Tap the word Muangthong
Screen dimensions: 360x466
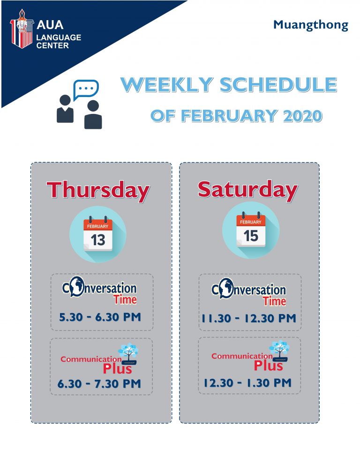[311, 25]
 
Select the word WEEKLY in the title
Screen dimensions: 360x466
[167, 84]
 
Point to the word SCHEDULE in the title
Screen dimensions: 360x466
[278, 84]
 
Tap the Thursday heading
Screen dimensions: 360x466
[98, 191]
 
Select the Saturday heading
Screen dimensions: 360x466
[248, 190]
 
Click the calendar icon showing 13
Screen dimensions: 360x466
[98, 234]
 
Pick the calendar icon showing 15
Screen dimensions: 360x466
[251, 229]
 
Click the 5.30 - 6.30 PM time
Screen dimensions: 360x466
[100, 317]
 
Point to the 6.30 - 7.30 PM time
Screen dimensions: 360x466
[99, 383]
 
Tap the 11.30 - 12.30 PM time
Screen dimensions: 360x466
[249, 319]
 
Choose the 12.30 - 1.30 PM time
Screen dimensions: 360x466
[247, 383]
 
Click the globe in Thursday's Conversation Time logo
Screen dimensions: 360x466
[77, 286]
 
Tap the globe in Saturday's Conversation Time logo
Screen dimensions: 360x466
[226, 288]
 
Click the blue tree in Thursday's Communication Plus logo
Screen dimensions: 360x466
[128, 353]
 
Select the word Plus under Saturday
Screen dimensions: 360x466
[268, 365]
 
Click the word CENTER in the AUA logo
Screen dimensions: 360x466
[52, 45]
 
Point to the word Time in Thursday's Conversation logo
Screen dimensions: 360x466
[125, 300]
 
